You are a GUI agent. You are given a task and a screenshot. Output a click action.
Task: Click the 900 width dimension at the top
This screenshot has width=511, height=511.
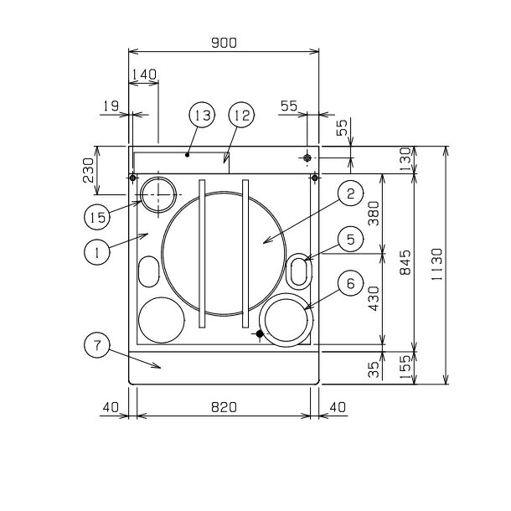pos(224,43)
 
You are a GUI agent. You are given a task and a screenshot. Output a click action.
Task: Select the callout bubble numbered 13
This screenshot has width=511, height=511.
pos(202,115)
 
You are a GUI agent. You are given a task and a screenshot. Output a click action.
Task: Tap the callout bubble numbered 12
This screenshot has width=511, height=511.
pos(241,115)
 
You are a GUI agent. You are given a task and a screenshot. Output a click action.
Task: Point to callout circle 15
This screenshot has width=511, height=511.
pos(97,217)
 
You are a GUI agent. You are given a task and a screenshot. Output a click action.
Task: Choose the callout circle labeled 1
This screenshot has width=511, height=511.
pos(97,252)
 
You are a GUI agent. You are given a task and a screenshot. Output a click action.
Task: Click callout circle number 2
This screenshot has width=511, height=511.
pos(351,194)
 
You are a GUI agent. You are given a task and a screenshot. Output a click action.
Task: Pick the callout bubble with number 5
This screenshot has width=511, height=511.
pos(351,239)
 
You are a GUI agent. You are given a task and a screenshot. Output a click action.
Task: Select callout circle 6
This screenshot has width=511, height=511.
pos(351,283)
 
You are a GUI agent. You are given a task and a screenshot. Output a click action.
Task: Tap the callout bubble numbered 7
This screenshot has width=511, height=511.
pos(97,345)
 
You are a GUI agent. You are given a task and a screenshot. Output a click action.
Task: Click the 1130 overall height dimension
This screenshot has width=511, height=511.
pos(436,265)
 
